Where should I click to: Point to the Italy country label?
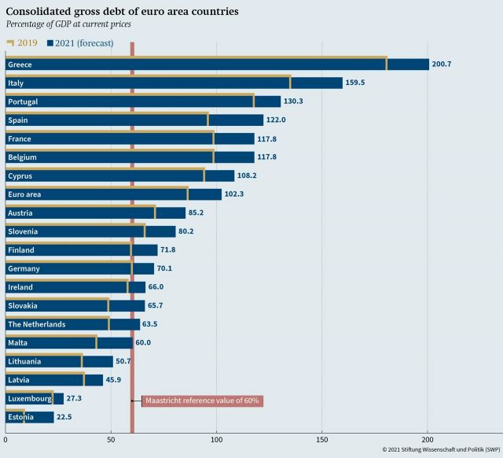[x=17, y=83]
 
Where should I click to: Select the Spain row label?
[x=18, y=120]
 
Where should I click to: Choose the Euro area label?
[x=24, y=194]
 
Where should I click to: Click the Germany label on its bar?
[x=24, y=268]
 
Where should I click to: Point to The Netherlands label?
[x=36, y=324]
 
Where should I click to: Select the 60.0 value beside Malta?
[x=142, y=343]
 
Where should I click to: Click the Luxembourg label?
[x=29, y=399]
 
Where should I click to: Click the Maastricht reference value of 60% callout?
[x=202, y=401]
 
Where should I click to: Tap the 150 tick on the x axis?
[x=321, y=438]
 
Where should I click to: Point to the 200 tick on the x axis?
[x=427, y=438]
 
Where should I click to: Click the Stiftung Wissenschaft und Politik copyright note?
[x=441, y=450]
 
